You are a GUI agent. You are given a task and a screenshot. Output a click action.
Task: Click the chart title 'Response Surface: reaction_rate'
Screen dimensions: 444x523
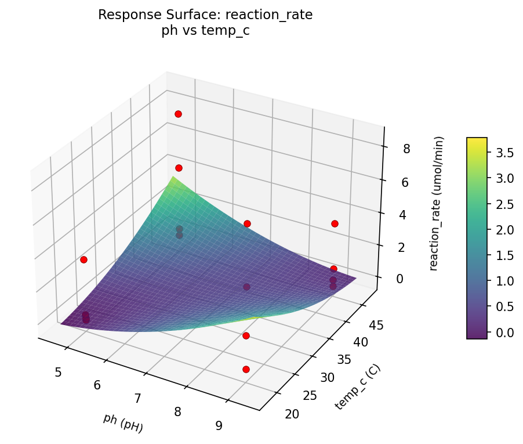(x=205, y=15)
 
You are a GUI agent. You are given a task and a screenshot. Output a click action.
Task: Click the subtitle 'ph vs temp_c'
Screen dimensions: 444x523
(x=205, y=31)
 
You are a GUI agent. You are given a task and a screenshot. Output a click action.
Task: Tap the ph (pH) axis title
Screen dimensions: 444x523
(x=124, y=423)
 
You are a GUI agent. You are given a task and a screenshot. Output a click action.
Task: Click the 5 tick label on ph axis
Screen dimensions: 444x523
(x=58, y=372)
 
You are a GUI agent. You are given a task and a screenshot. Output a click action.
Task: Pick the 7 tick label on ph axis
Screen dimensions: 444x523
(x=138, y=398)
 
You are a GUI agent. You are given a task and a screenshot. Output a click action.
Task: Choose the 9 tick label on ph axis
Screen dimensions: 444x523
(x=219, y=425)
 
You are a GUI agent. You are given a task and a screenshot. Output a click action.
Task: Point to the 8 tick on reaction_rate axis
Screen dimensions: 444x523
(x=406, y=149)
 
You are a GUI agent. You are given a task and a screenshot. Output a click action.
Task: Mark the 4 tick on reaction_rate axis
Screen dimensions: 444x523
(x=404, y=214)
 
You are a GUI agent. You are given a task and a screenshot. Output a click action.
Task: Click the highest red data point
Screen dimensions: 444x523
(x=178, y=114)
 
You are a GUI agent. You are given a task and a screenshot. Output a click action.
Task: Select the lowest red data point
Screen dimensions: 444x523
(x=246, y=369)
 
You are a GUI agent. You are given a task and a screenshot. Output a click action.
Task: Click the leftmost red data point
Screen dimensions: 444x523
(x=83, y=259)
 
